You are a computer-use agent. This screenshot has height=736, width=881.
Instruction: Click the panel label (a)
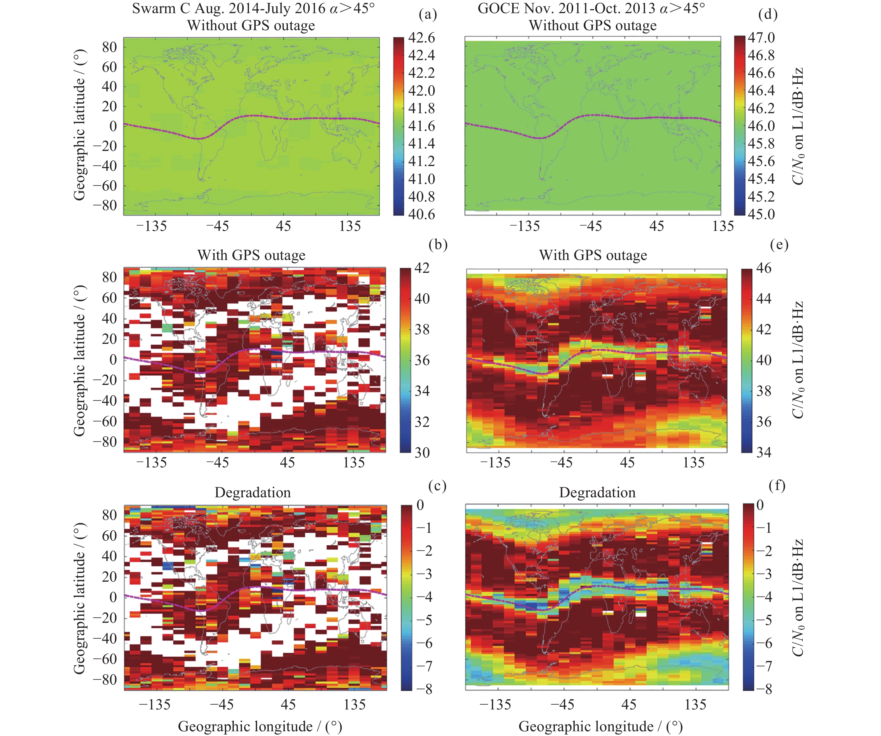coord(427,15)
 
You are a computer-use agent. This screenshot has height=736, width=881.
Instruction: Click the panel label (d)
coord(768,15)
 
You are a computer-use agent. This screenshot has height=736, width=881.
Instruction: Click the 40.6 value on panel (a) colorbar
coord(422,214)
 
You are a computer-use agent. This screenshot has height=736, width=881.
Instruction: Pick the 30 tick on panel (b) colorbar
coord(422,453)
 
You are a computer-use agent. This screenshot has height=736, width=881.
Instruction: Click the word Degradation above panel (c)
coord(253,492)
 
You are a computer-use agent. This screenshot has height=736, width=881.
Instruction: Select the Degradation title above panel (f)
coord(597,492)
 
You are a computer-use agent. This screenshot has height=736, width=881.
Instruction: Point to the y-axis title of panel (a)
coord(79,125)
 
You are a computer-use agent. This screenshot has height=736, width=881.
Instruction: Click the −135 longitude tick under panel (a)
coord(152,226)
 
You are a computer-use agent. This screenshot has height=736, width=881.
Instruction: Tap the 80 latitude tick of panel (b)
coord(110,277)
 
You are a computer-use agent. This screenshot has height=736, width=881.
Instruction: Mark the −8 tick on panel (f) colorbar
coord(764,689)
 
